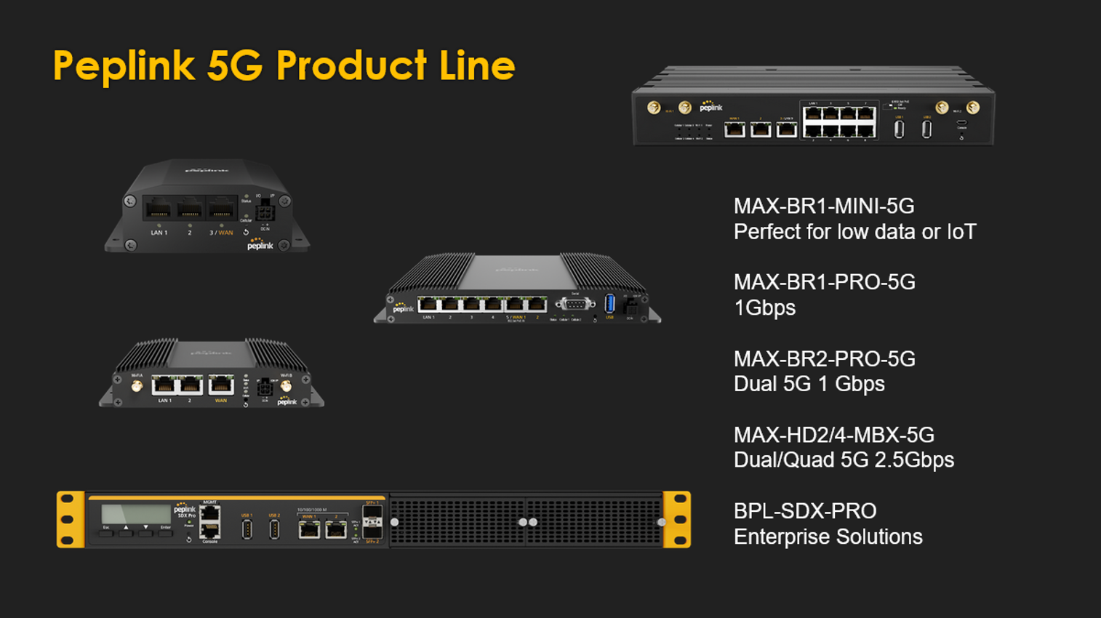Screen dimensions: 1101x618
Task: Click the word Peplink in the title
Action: tap(124, 66)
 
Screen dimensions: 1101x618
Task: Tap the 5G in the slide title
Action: tap(234, 66)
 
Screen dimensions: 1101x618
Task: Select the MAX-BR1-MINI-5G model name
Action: tap(824, 206)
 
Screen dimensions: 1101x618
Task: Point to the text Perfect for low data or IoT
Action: tap(854, 232)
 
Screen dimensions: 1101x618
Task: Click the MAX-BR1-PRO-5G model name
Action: tap(824, 282)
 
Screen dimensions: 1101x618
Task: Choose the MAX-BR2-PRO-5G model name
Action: tap(824, 359)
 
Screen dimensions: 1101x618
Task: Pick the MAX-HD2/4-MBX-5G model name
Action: tap(833, 436)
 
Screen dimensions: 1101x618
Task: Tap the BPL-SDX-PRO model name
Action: tap(805, 511)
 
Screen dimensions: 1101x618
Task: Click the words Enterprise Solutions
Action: tap(828, 537)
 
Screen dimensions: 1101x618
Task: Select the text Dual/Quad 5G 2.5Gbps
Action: tap(844, 460)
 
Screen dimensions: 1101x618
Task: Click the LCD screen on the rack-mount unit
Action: tap(136, 513)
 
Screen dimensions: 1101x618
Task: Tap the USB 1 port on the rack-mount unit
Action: tap(247, 530)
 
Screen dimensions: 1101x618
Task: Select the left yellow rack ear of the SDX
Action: tap(71, 519)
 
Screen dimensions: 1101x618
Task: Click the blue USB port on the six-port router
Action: tap(609, 303)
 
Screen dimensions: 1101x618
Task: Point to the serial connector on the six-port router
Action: tap(574, 304)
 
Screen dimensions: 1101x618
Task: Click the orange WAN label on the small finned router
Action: tap(220, 401)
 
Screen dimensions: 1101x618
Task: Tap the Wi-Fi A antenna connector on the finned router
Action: tap(137, 387)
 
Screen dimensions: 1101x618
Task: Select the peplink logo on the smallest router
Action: tap(260, 245)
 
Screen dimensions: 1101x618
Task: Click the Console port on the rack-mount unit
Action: tap(210, 531)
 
